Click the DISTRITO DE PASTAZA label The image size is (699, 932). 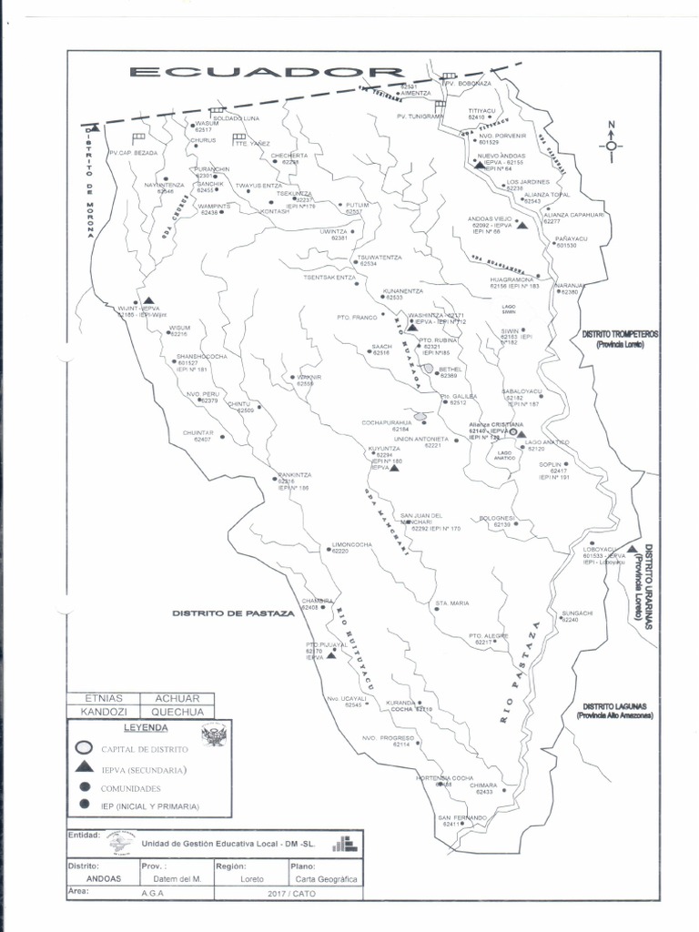(234, 613)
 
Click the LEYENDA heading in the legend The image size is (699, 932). (146, 728)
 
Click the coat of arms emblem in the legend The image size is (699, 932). (215, 734)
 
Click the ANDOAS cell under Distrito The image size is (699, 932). (102, 879)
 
